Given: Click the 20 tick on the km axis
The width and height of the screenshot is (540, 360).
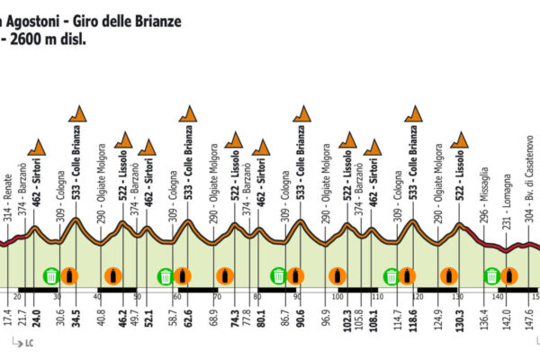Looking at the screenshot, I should click(18, 296).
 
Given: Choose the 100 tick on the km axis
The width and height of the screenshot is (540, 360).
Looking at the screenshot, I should click(337, 296).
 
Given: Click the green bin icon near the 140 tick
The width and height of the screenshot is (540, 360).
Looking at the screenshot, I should click(492, 275).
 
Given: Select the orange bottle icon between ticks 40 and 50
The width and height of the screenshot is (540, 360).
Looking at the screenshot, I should click(112, 275).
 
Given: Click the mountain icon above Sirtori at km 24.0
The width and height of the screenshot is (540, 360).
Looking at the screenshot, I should click(37, 147).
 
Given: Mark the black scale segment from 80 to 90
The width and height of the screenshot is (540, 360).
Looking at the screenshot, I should click(278, 289).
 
